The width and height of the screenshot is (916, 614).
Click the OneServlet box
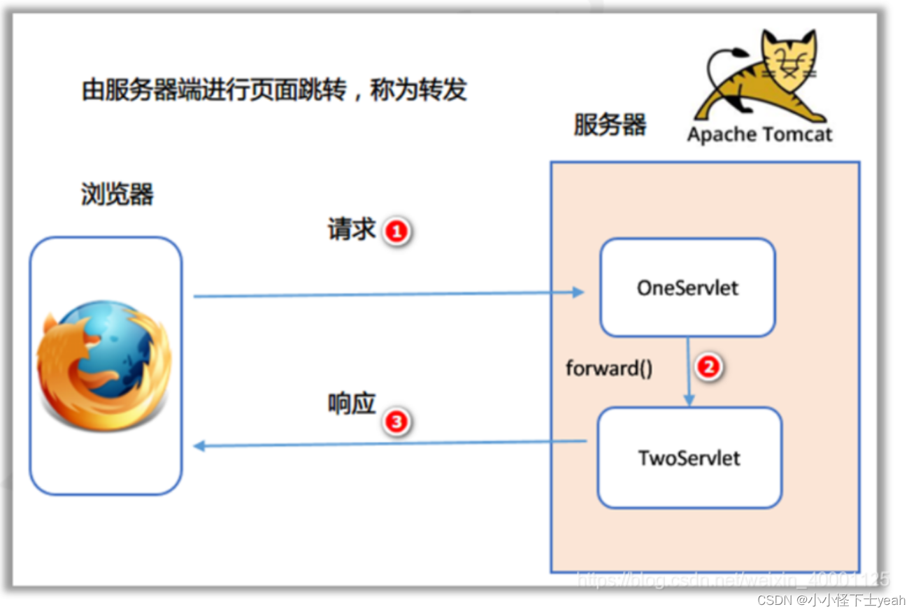coord(687,287)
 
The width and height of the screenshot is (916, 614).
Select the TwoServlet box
coord(689,457)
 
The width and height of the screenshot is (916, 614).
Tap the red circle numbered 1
coord(396,231)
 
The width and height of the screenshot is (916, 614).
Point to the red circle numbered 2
coord(709,366)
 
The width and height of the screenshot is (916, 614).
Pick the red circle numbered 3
coord(396,422)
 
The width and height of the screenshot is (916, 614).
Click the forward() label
coord(609,368)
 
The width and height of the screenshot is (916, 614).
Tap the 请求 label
coord(352,229)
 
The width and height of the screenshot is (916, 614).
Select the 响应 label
coord(352,404)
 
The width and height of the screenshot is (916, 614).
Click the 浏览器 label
coord(117,194)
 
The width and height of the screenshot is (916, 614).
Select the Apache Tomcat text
coord(759,134)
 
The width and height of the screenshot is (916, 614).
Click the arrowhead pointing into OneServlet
coord(578,292)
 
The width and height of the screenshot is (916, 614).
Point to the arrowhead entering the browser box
coord(199,446)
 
